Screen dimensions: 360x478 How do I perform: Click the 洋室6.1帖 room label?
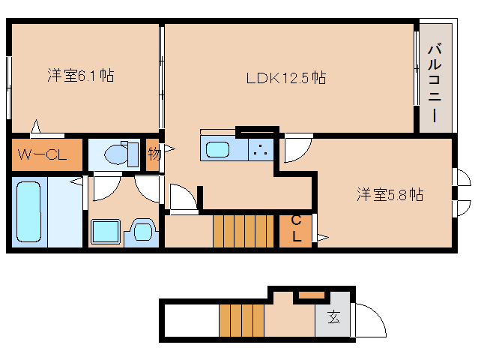[x=80, y=75]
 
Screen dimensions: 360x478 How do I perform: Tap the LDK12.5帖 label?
[x=286, y=77]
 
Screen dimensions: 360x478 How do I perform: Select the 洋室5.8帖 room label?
[x=390, y=194]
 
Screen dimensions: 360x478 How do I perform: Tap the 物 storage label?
[x=154, y=154]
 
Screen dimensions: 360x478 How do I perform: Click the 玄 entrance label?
[x=333, y=317]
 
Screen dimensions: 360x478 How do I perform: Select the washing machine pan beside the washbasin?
[x=142, y=229]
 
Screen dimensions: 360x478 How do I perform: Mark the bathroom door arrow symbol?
[x=76, y=181]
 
